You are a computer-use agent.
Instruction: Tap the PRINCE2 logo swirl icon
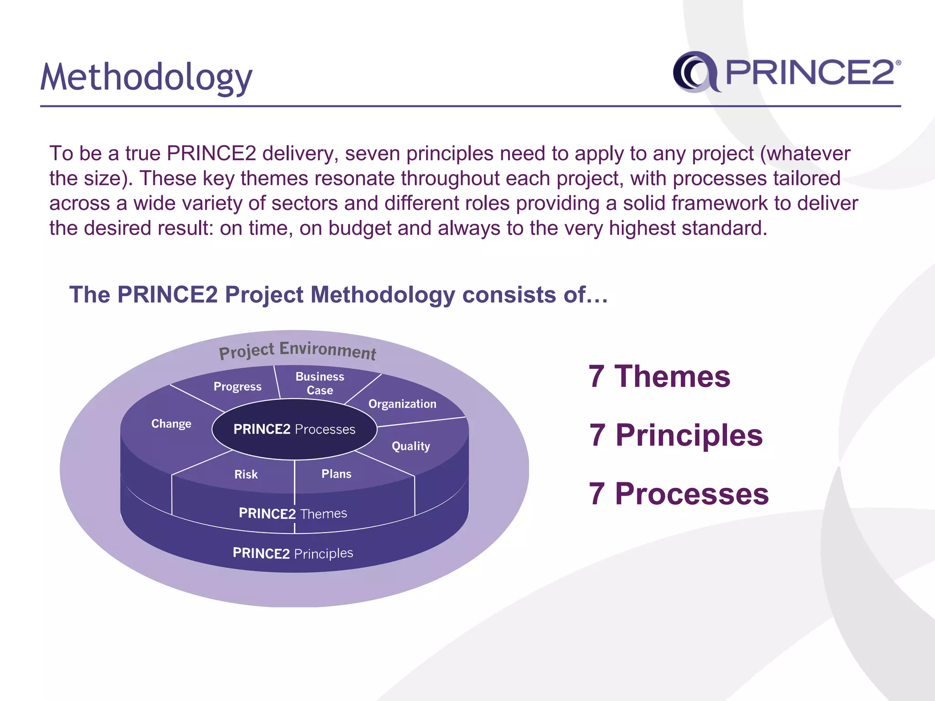click(x=695, y=72)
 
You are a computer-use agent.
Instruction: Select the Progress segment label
click(x=237, y=387)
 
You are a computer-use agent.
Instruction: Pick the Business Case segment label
click(x=320, y=383)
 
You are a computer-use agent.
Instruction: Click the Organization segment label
click(x=402, y=404)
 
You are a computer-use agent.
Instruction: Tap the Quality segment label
click(x=411, y=446)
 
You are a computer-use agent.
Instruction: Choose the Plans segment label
click(x=336, y=474)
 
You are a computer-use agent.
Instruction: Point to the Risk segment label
click(x=246, y=474)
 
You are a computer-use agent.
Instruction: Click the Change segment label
click(x=171, y=424)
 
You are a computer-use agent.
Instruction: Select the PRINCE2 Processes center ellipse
click(x=294, y=429)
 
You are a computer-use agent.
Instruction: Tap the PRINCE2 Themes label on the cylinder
click(x=293, y=513)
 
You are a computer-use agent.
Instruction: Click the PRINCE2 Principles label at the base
click(x=293, y=553)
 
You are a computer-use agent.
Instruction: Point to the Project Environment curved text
click(x=297, y=350)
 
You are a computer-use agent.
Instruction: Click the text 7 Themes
click(x=659, y=377)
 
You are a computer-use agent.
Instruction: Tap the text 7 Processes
click(x=678, y=494)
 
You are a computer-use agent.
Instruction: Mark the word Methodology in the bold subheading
click(x=383, y=295)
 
